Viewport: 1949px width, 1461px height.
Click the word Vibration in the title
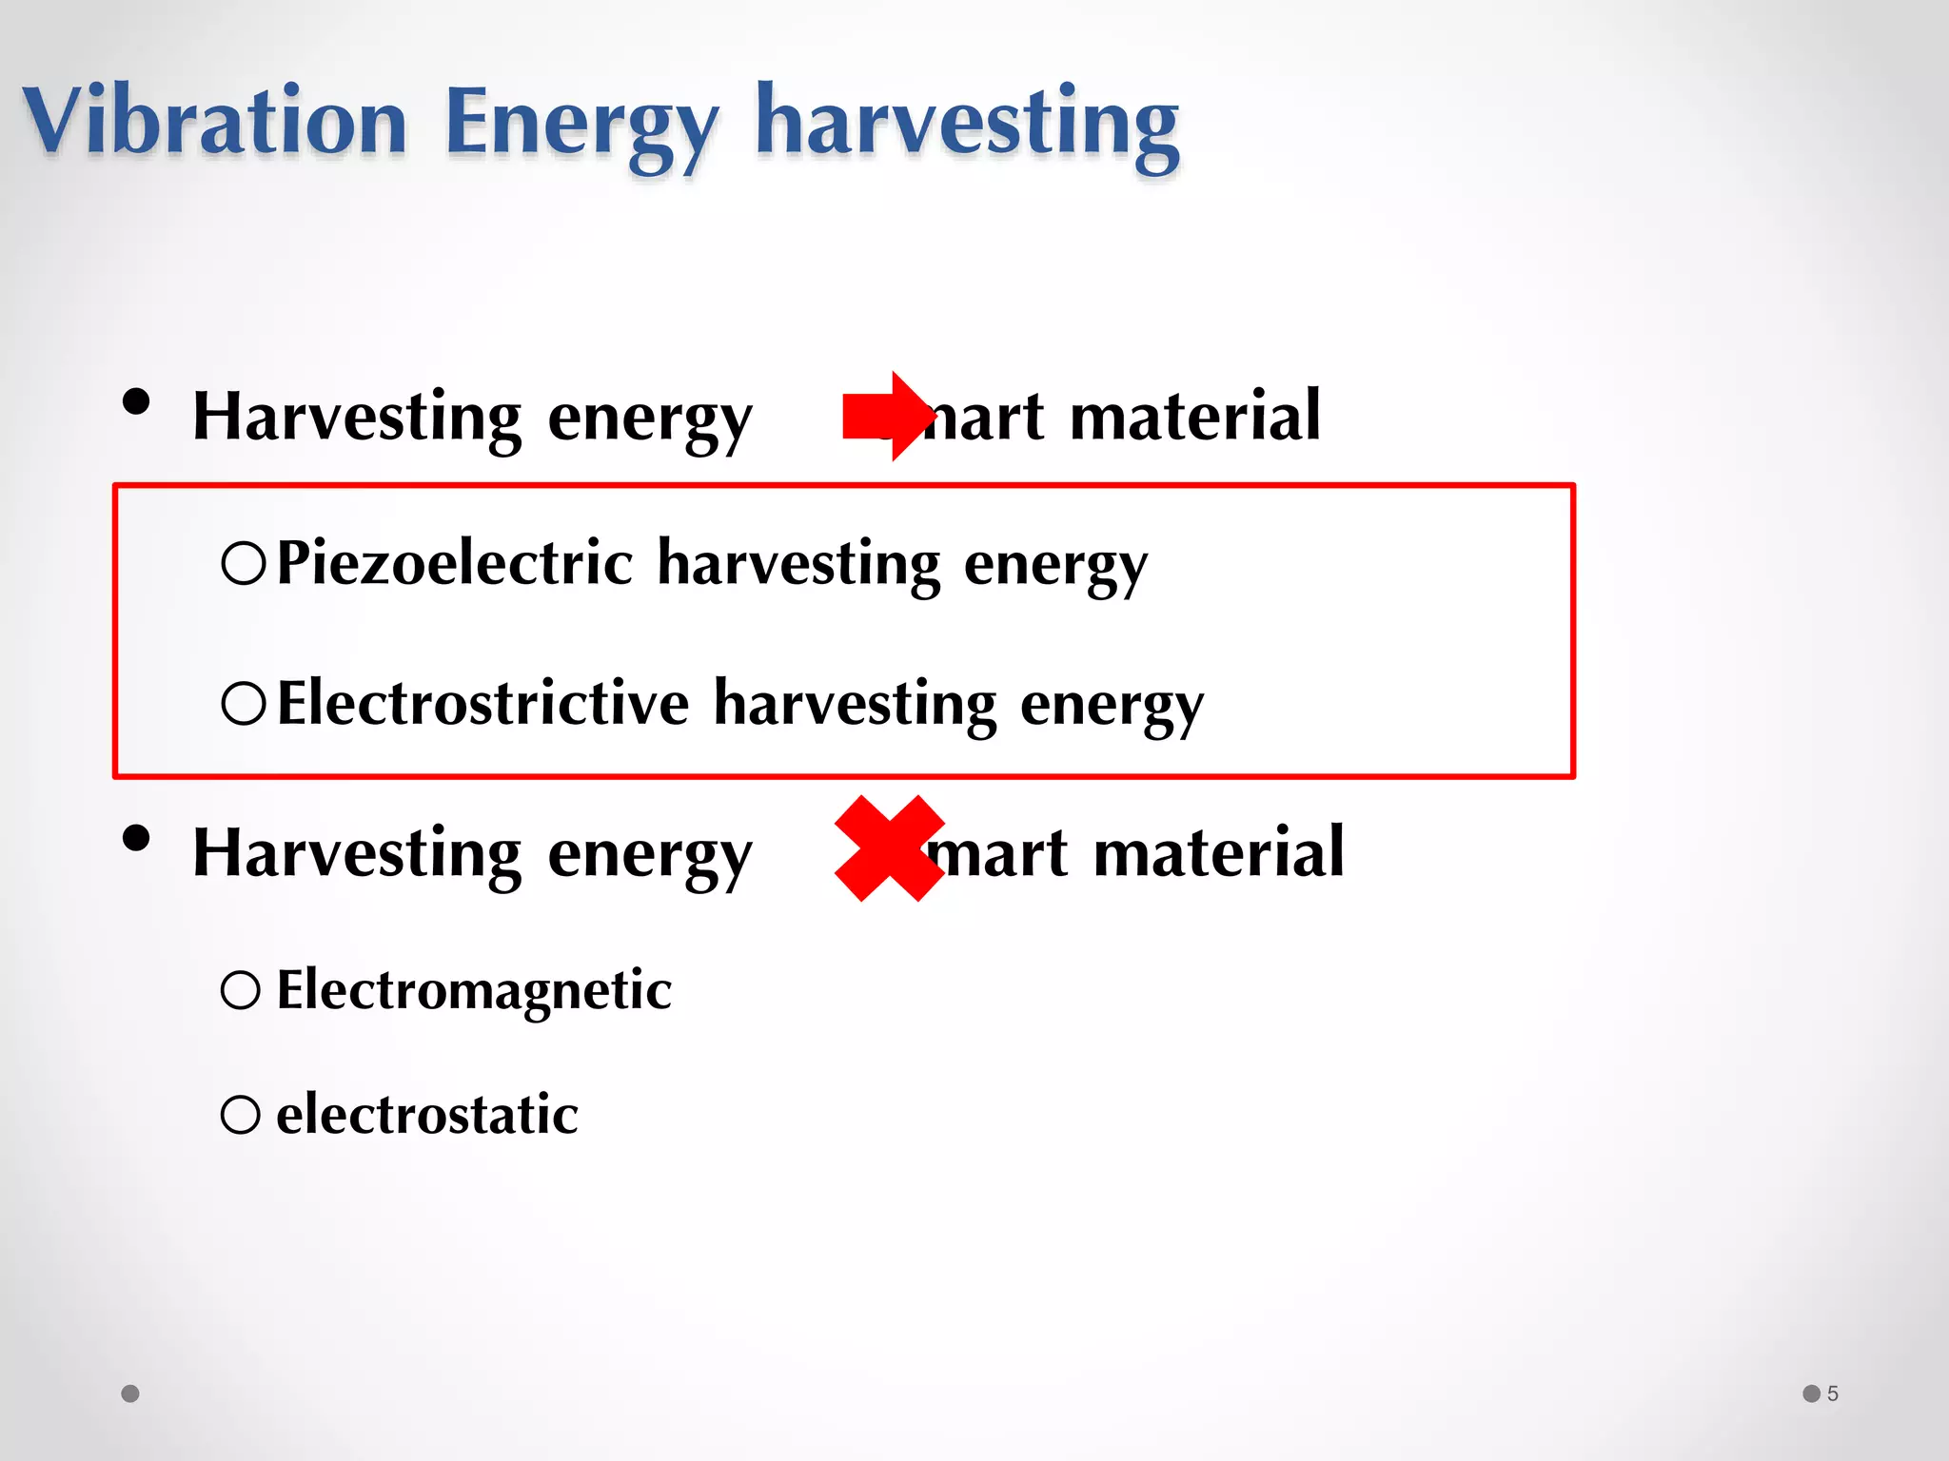[x=215, y=122]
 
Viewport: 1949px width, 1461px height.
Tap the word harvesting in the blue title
[x=967, y=124]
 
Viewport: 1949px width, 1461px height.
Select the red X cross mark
[x=889, y=848]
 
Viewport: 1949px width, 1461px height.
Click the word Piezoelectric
[x=455, y=562]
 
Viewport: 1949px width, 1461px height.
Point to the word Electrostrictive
[x=482, y=703]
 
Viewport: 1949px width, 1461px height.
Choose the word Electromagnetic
[x=474, y=989]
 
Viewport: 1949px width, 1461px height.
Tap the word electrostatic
[x=426, y=1114]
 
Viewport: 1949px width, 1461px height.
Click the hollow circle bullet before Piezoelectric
[x=243, y=563]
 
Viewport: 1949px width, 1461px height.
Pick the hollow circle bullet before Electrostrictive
[x=243, y=704]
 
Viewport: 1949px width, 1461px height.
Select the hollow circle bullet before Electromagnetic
[x=241, y=990]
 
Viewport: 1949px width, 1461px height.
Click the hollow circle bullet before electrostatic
[x=241, y=1115]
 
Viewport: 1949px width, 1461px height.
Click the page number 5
[x=1832, y=1393]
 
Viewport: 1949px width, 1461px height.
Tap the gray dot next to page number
[x=1811, y=1393]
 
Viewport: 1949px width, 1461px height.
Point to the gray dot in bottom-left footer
[x=130, y=1393]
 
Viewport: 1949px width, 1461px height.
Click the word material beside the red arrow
[x=1194, y=416]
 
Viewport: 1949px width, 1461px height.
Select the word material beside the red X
[x=1218, y=851]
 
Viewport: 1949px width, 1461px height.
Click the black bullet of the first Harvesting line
[x=136, y=401]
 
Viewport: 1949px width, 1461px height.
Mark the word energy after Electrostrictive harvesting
[x=1112, y=705]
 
